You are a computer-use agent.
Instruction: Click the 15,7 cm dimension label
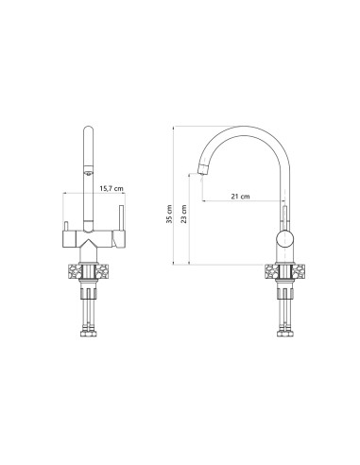click(111, 189)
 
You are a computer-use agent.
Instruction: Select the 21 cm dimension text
click(240, 197)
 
